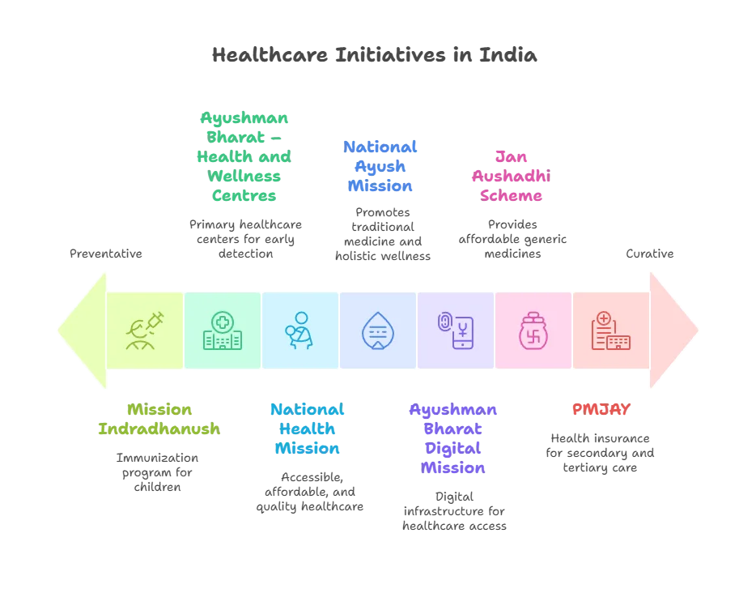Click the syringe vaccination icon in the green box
click(145, 331)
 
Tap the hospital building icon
click(222, 331)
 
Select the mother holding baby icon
click(299, 331)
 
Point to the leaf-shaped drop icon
click(377, 331)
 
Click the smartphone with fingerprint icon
click(455, 331)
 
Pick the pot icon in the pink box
click(533, 331)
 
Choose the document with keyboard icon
click(610, 331)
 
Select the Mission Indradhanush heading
click(159, 420)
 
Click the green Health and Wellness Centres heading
click(244, 156)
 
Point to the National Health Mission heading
click(307, 429)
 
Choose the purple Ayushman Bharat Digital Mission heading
click(452, 439)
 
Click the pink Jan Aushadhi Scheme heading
click(511, 176)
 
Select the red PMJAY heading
click(601, 410)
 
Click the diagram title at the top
click(372, 55)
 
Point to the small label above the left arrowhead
click(104, 253)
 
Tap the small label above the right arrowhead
click(649, 253)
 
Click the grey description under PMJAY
click(601, 450)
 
